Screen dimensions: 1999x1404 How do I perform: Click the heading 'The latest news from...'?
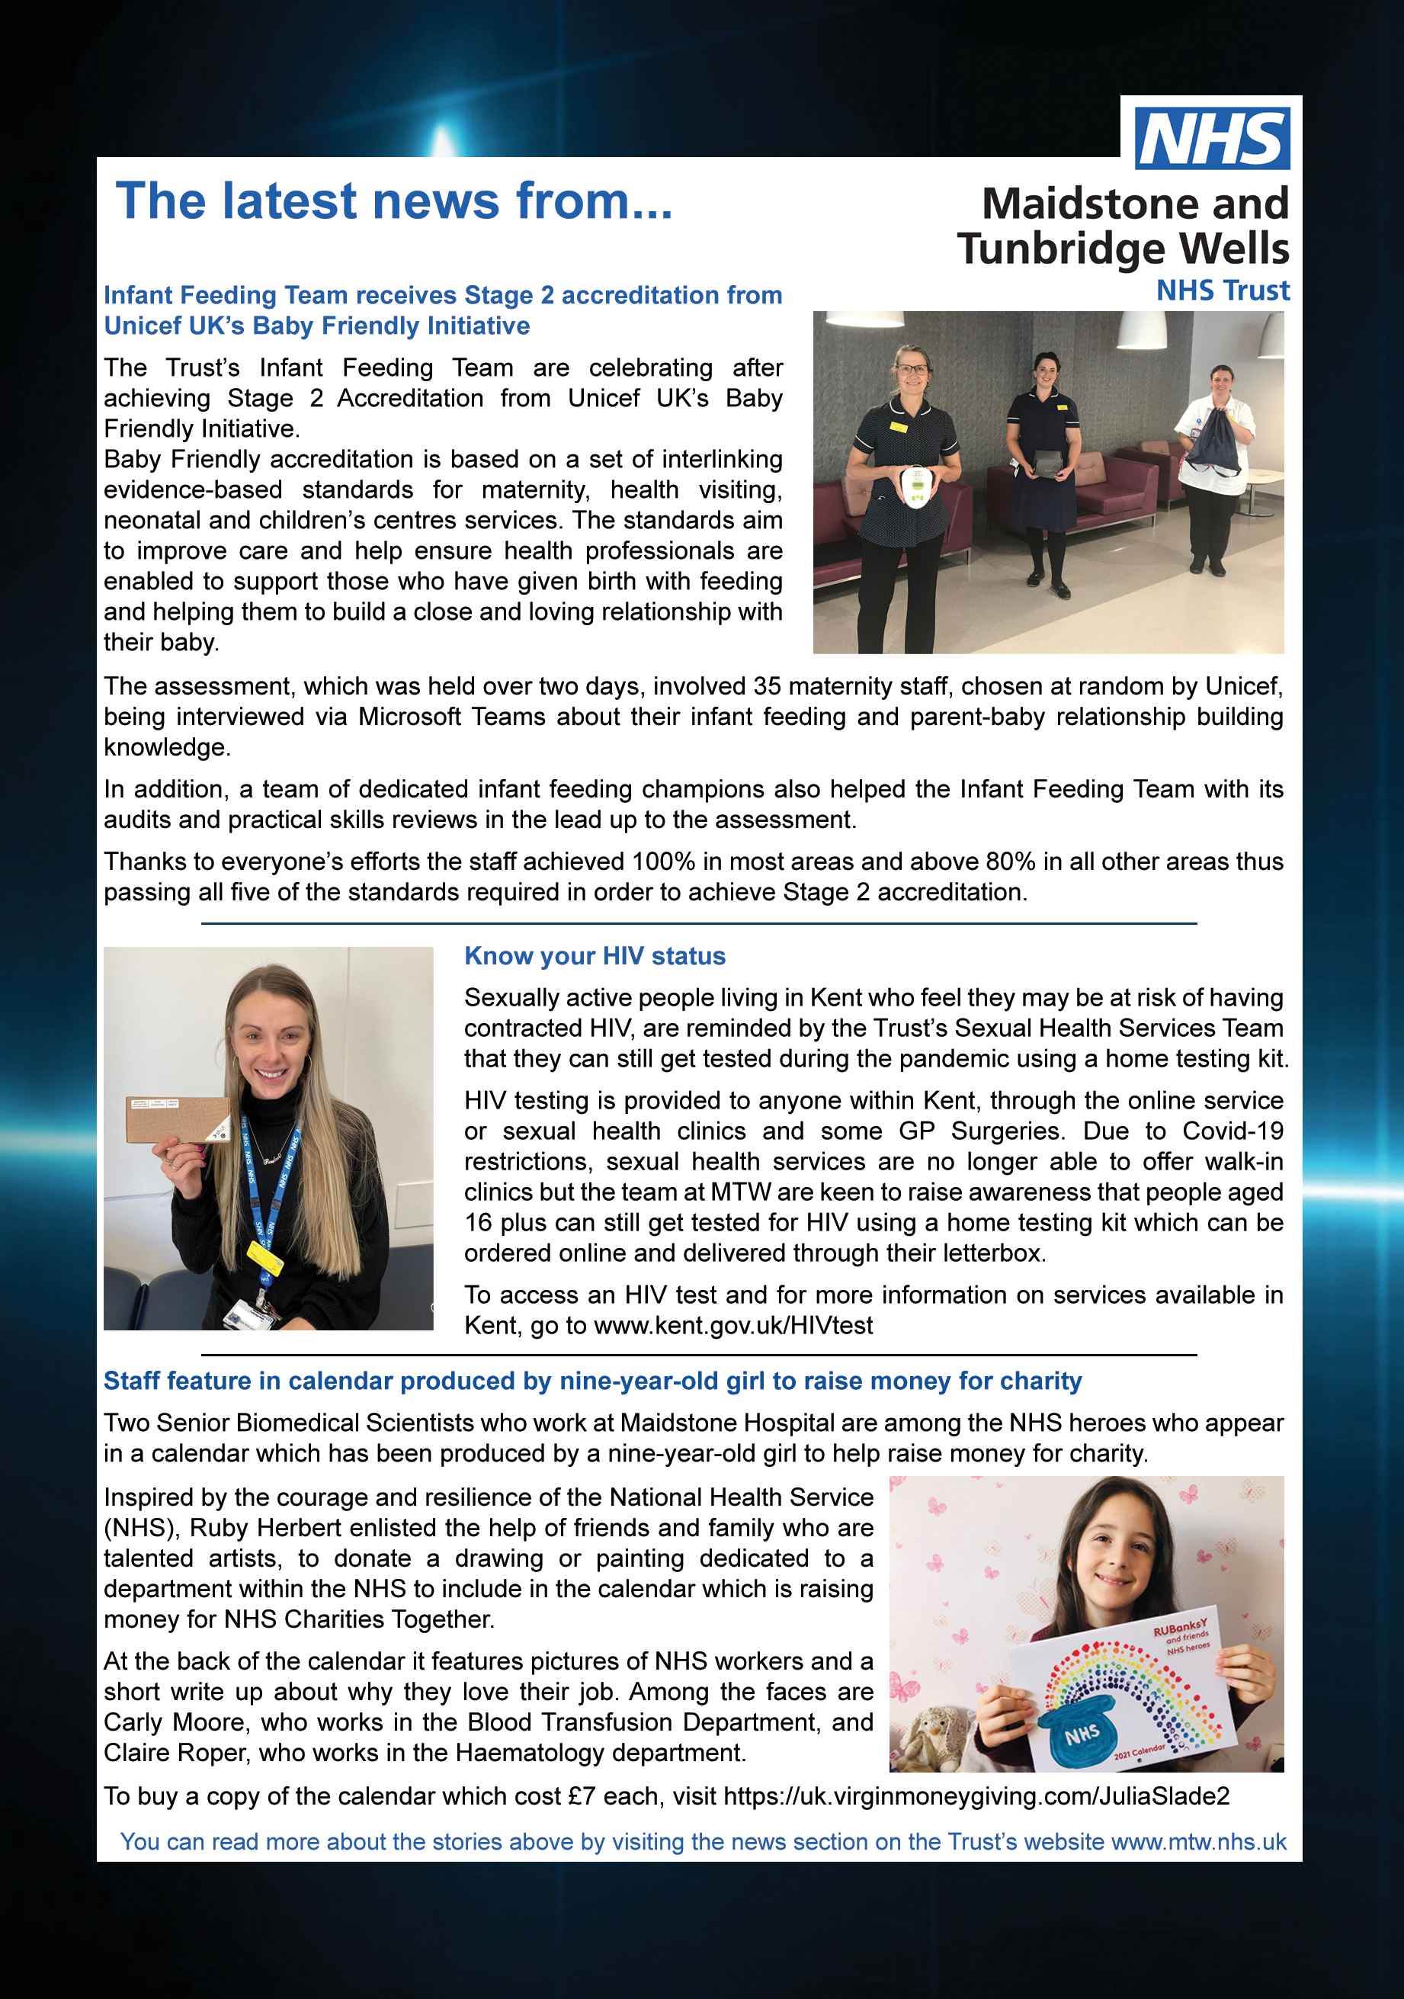tap(393, 201)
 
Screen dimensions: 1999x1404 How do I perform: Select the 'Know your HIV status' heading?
tap(595, 956)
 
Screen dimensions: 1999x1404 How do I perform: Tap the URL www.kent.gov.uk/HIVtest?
tap(733, 1325)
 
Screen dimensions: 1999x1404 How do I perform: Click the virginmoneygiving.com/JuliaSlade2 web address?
tap(976, 1796)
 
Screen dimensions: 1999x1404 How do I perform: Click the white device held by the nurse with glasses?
tap(916, 486)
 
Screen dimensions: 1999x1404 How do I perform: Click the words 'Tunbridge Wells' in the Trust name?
tap(1122, 249)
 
